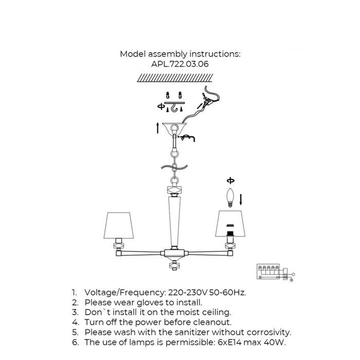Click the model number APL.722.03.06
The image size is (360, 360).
[x=180, y=64]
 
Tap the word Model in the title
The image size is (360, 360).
[x=133, y=54]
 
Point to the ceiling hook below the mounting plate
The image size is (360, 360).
[x=174, y=108]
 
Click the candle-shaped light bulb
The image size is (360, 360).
[x=230, y=197]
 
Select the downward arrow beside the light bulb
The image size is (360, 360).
[x=241, y=200]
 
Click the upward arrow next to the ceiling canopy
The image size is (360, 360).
[x=158, y=128]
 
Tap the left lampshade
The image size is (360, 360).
[x=118, y=225]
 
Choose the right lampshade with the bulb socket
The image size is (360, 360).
[x=230, y=224]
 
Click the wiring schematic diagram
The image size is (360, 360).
[x=276, y=273]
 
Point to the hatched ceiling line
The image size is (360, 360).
[x=175, y=78]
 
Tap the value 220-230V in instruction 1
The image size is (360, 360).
[x=188, y=293]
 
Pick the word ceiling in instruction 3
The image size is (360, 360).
[x=217, y=313]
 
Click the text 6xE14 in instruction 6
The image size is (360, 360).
[x=229, y=343]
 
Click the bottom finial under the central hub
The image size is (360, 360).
[x=175, y=265]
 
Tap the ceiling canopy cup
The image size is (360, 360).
[x=174, y=129]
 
